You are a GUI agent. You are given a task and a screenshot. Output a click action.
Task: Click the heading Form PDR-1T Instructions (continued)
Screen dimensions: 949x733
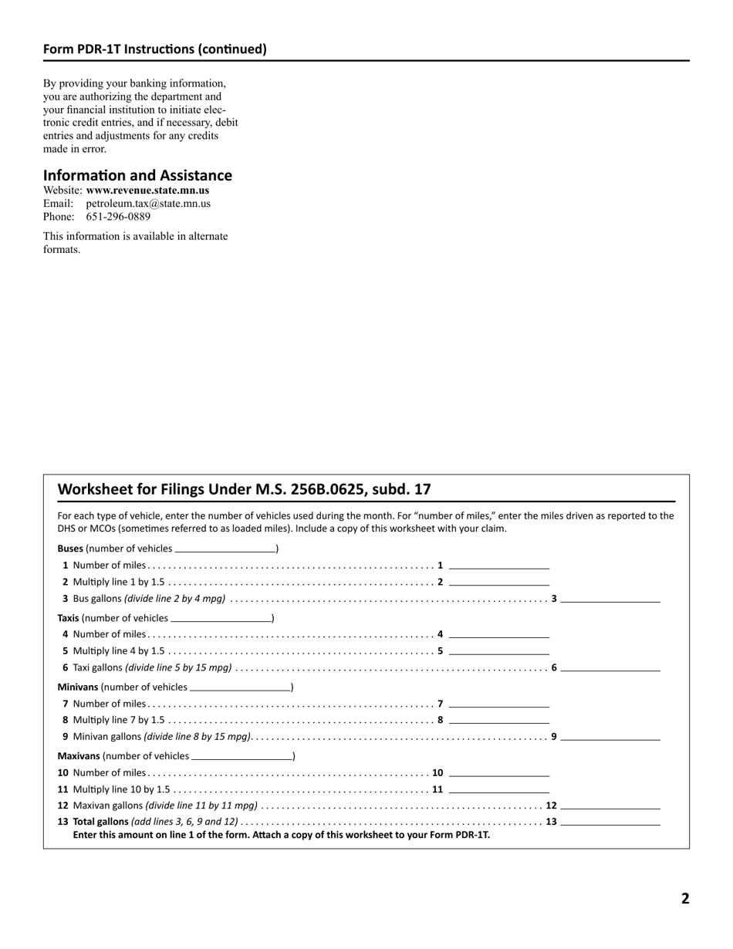pyautogui.click(x=154, y=49)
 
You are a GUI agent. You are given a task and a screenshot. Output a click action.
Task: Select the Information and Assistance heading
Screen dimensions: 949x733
pyautogui.click(x=137, y=175)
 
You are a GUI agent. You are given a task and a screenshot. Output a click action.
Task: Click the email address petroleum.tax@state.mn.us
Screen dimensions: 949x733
pyautogui.click(x=148, y=204)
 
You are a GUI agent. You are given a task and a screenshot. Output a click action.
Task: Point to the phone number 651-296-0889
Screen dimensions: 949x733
pyautogui.click(x=118, y=217)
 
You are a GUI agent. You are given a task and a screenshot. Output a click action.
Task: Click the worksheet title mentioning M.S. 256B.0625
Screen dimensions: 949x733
pyautogui.click(x=244, y=489)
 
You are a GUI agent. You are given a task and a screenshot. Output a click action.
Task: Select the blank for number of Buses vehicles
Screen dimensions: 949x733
pyautogui.click(x=225, y=549)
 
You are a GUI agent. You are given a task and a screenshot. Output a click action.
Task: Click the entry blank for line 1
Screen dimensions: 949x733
pyautogui.click(x=498, y=565)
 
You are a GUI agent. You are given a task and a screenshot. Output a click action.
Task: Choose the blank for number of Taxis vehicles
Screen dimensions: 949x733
pyautogui.click(x=221, y=618)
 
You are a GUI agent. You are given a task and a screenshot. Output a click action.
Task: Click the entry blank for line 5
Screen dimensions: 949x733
pyautogui.click(x=498, y=650)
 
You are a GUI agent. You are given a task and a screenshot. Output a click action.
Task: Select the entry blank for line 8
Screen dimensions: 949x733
pyautogui.click(x=498, y=720)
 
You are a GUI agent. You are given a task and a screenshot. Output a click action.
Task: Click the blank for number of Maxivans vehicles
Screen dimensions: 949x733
pyautogui.click(x=242, y=756)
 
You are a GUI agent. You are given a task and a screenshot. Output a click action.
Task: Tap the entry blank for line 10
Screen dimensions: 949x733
pyautogui.click(x=498, y=772)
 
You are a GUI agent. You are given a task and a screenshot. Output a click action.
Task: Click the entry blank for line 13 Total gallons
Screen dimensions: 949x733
pyautogui.click(x=610, y=822)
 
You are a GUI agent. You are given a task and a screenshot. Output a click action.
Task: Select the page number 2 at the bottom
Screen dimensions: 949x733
pyautogui.click(x=684, y=898)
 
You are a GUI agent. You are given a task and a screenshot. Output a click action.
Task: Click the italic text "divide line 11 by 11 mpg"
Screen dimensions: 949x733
pyautogui.click(x=202, y=805)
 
